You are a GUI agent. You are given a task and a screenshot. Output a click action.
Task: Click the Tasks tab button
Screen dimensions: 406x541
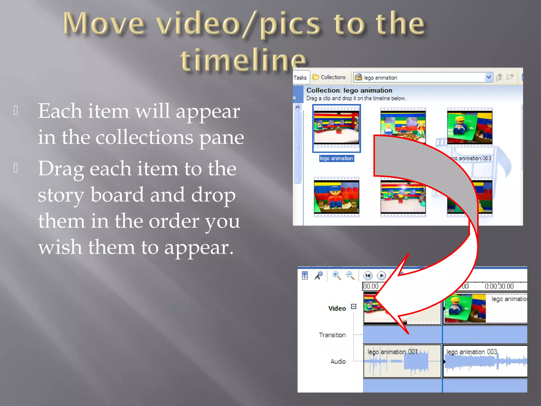300,78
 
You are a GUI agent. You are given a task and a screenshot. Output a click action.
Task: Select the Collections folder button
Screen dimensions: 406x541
329,77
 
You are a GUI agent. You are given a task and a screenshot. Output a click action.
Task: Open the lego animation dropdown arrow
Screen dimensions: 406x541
488,77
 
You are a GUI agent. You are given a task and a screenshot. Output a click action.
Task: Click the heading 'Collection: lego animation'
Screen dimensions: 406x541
349,90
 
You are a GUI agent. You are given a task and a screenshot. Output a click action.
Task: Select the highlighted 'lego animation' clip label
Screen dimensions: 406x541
336,158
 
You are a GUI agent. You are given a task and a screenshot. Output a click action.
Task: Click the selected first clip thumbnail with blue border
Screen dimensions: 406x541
336,128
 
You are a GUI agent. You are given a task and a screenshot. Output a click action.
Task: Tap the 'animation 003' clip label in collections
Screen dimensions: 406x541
473,158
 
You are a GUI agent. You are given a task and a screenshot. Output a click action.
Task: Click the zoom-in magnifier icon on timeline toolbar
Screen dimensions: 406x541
336,275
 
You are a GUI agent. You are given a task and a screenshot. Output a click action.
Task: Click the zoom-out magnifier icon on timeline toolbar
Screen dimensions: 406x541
350,275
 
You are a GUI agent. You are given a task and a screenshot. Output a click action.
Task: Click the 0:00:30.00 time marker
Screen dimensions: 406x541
499,286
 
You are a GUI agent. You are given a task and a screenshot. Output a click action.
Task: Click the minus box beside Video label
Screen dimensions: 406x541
353,307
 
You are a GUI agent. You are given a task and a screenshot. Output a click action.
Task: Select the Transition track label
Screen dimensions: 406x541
332,335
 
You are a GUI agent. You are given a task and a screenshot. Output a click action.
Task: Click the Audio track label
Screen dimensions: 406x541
338,361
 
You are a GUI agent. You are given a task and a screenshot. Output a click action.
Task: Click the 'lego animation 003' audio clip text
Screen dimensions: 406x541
472,352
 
